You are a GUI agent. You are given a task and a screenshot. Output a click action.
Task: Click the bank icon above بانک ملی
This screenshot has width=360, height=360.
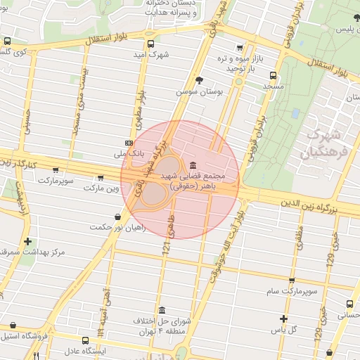coord(127,141)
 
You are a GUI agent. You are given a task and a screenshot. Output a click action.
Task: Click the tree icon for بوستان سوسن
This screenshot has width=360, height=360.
coord(200,80)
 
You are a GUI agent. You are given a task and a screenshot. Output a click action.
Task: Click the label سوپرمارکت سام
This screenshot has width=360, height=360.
coord(292,290)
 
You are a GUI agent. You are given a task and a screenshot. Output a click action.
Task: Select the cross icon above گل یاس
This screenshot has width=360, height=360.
coord(284,319)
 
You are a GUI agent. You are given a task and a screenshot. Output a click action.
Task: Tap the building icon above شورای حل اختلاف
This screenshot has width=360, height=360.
coord(162,310)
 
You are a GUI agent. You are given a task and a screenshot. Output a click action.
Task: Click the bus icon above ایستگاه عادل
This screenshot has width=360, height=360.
coord(86,340)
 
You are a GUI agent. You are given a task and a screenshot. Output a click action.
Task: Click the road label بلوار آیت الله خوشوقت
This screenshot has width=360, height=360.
coord(224,250)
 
